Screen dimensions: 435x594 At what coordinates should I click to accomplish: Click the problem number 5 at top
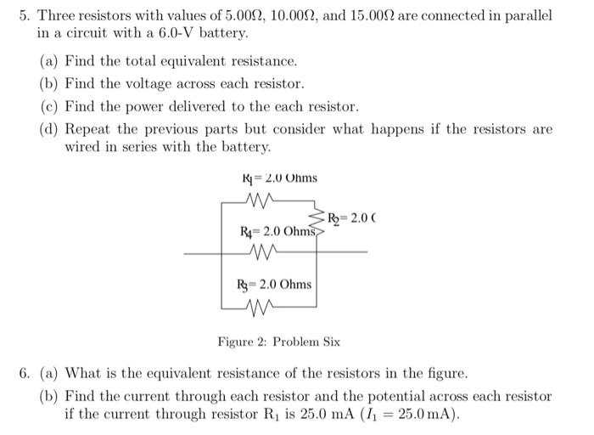point(25,16)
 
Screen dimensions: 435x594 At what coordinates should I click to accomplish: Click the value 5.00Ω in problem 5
point(231,16)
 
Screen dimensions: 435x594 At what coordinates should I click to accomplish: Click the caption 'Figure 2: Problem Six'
point(278,342)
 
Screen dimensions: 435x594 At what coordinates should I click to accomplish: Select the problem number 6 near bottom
point(25,374)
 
